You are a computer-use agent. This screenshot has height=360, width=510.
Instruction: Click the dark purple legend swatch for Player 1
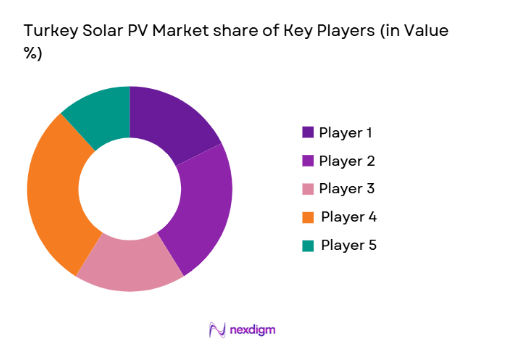pos(308,132)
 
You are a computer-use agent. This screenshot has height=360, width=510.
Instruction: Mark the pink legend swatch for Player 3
pos(308,188)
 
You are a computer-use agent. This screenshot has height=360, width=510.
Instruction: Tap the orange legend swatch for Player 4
pos(308,216)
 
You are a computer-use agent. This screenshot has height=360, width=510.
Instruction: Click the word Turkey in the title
pos(49,32)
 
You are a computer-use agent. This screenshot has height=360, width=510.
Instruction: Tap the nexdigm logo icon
pos(215,329)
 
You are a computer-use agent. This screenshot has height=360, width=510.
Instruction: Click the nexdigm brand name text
pos(253,329)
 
